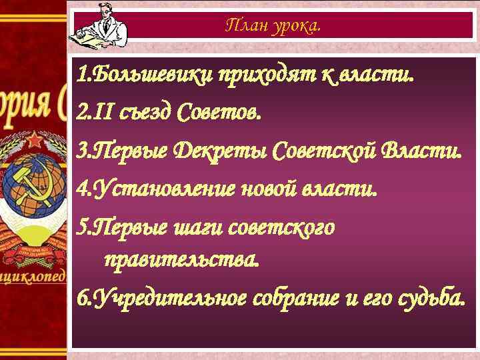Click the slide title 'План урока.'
click(273, 26)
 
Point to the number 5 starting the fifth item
click(81, 228)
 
